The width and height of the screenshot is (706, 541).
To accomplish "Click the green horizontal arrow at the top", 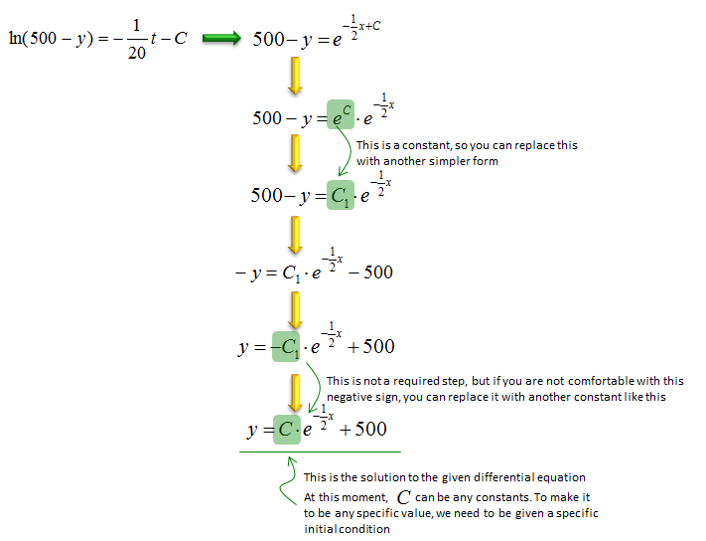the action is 221,39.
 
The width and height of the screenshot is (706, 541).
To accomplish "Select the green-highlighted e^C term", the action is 341,114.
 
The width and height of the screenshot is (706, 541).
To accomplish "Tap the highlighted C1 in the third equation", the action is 341,195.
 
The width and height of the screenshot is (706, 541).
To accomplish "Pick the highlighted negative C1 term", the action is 285,346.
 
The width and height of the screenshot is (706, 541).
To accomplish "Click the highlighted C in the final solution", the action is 287,430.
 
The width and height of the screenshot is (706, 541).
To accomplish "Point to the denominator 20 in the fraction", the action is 136,53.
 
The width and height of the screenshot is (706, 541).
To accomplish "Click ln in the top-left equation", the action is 15,38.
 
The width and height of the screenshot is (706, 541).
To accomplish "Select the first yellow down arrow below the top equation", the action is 295,76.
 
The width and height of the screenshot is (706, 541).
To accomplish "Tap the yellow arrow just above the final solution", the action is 295,393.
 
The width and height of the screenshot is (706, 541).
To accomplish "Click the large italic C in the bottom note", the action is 403,497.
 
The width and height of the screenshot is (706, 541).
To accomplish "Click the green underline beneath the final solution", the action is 320,451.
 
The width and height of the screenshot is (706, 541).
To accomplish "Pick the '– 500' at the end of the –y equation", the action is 371,272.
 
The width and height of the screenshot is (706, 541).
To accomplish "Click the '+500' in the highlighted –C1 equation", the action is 371,346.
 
